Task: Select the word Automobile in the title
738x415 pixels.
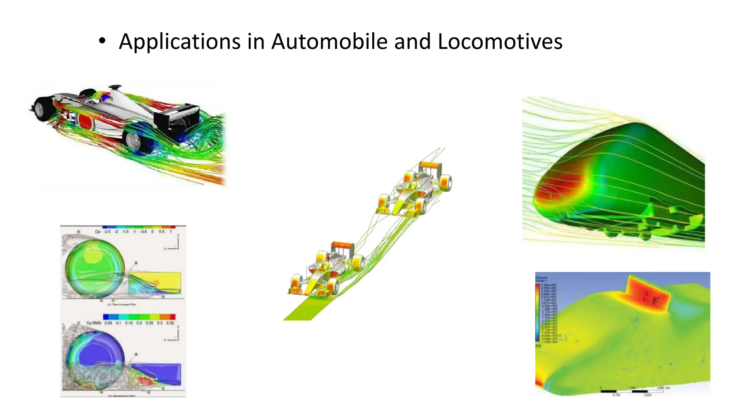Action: [329, 41]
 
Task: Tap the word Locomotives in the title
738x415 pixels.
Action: [500, 41]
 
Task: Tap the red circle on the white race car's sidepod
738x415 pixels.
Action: [85, 121]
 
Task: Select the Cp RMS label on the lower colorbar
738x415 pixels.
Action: [94, 323]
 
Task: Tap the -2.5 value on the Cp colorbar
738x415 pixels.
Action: [107, 232]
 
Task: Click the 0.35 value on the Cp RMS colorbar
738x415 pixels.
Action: [170, 323]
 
